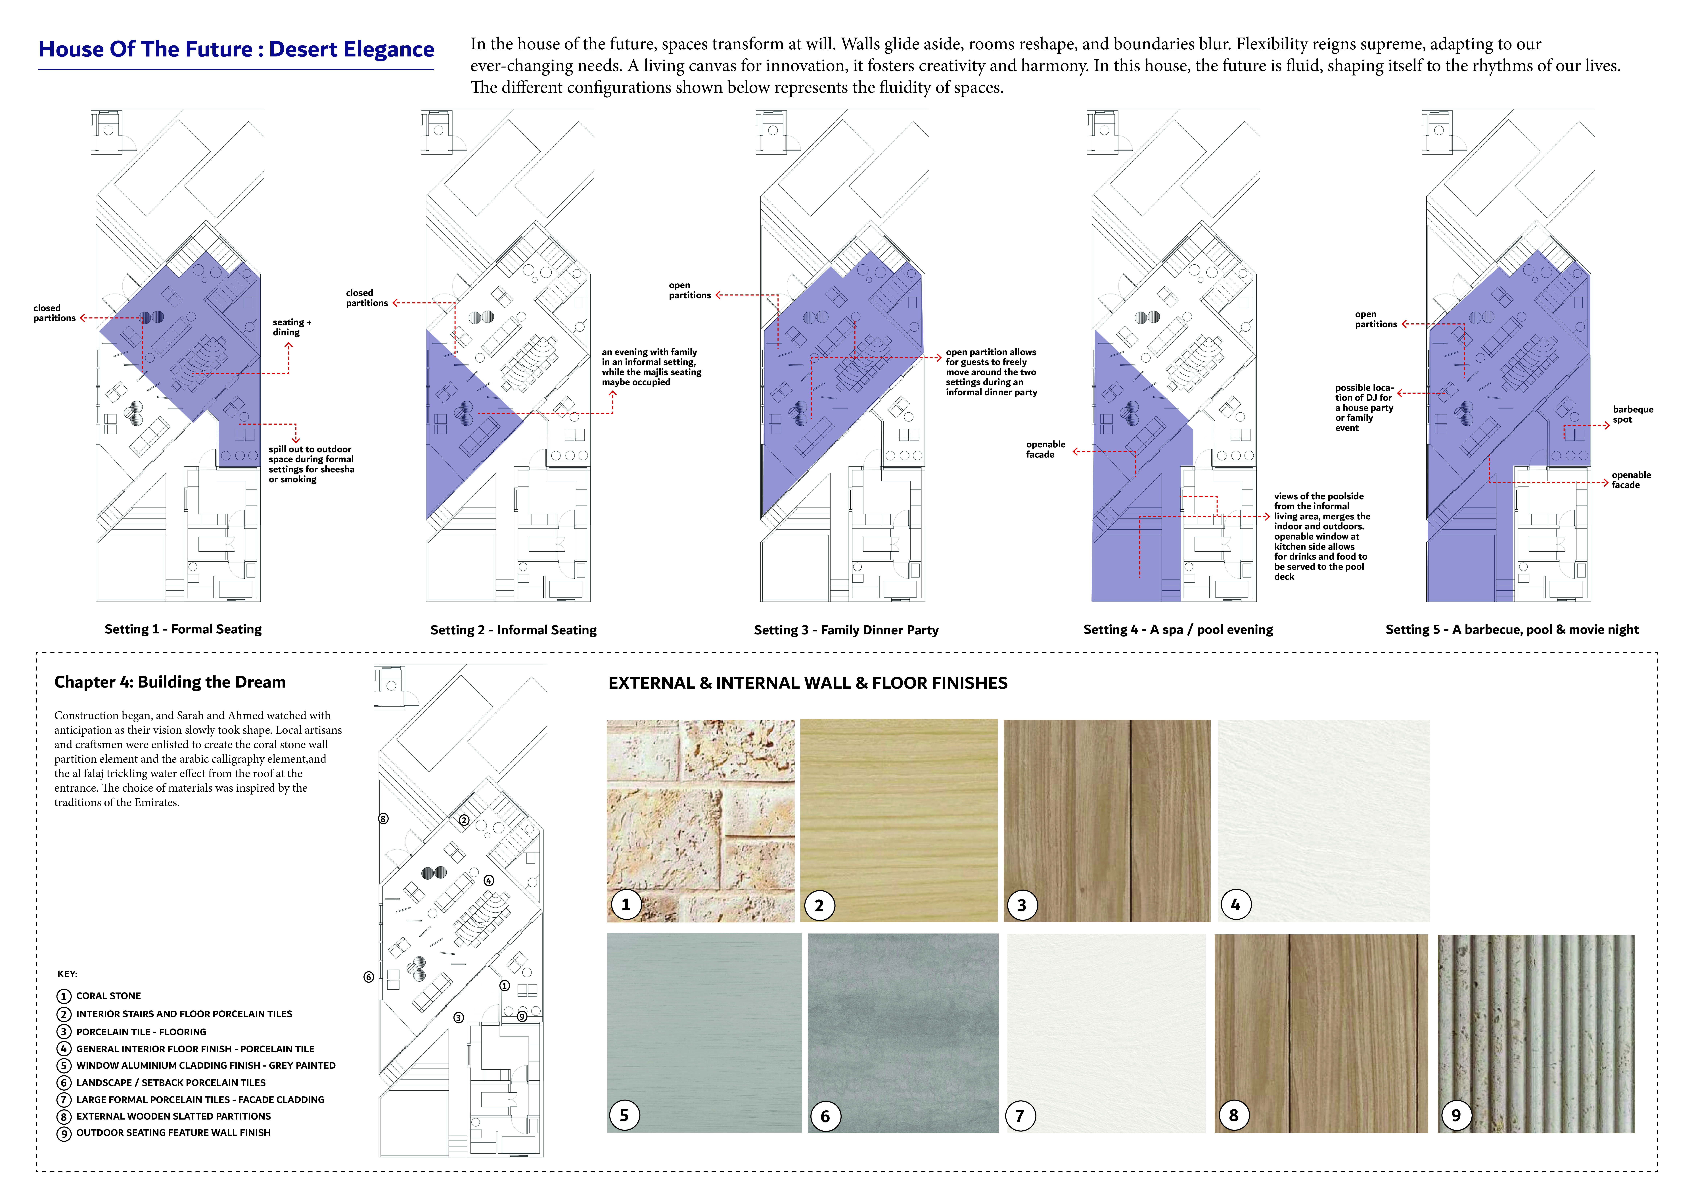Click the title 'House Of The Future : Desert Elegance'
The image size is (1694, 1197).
coord(236,49)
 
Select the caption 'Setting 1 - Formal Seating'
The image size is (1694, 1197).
coord(183,629)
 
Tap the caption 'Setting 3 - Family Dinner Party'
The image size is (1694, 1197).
coord(846,630)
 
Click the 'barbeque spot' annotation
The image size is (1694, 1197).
coord(1633,414)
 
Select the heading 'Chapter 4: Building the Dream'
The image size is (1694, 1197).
coord(170,682)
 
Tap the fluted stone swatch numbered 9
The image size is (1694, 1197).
coord(1536,1034)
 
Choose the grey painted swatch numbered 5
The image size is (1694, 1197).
coord(704,1032)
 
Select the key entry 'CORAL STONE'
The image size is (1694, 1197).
coord(108,996)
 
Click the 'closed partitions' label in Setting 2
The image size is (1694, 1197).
coord(367,298)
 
